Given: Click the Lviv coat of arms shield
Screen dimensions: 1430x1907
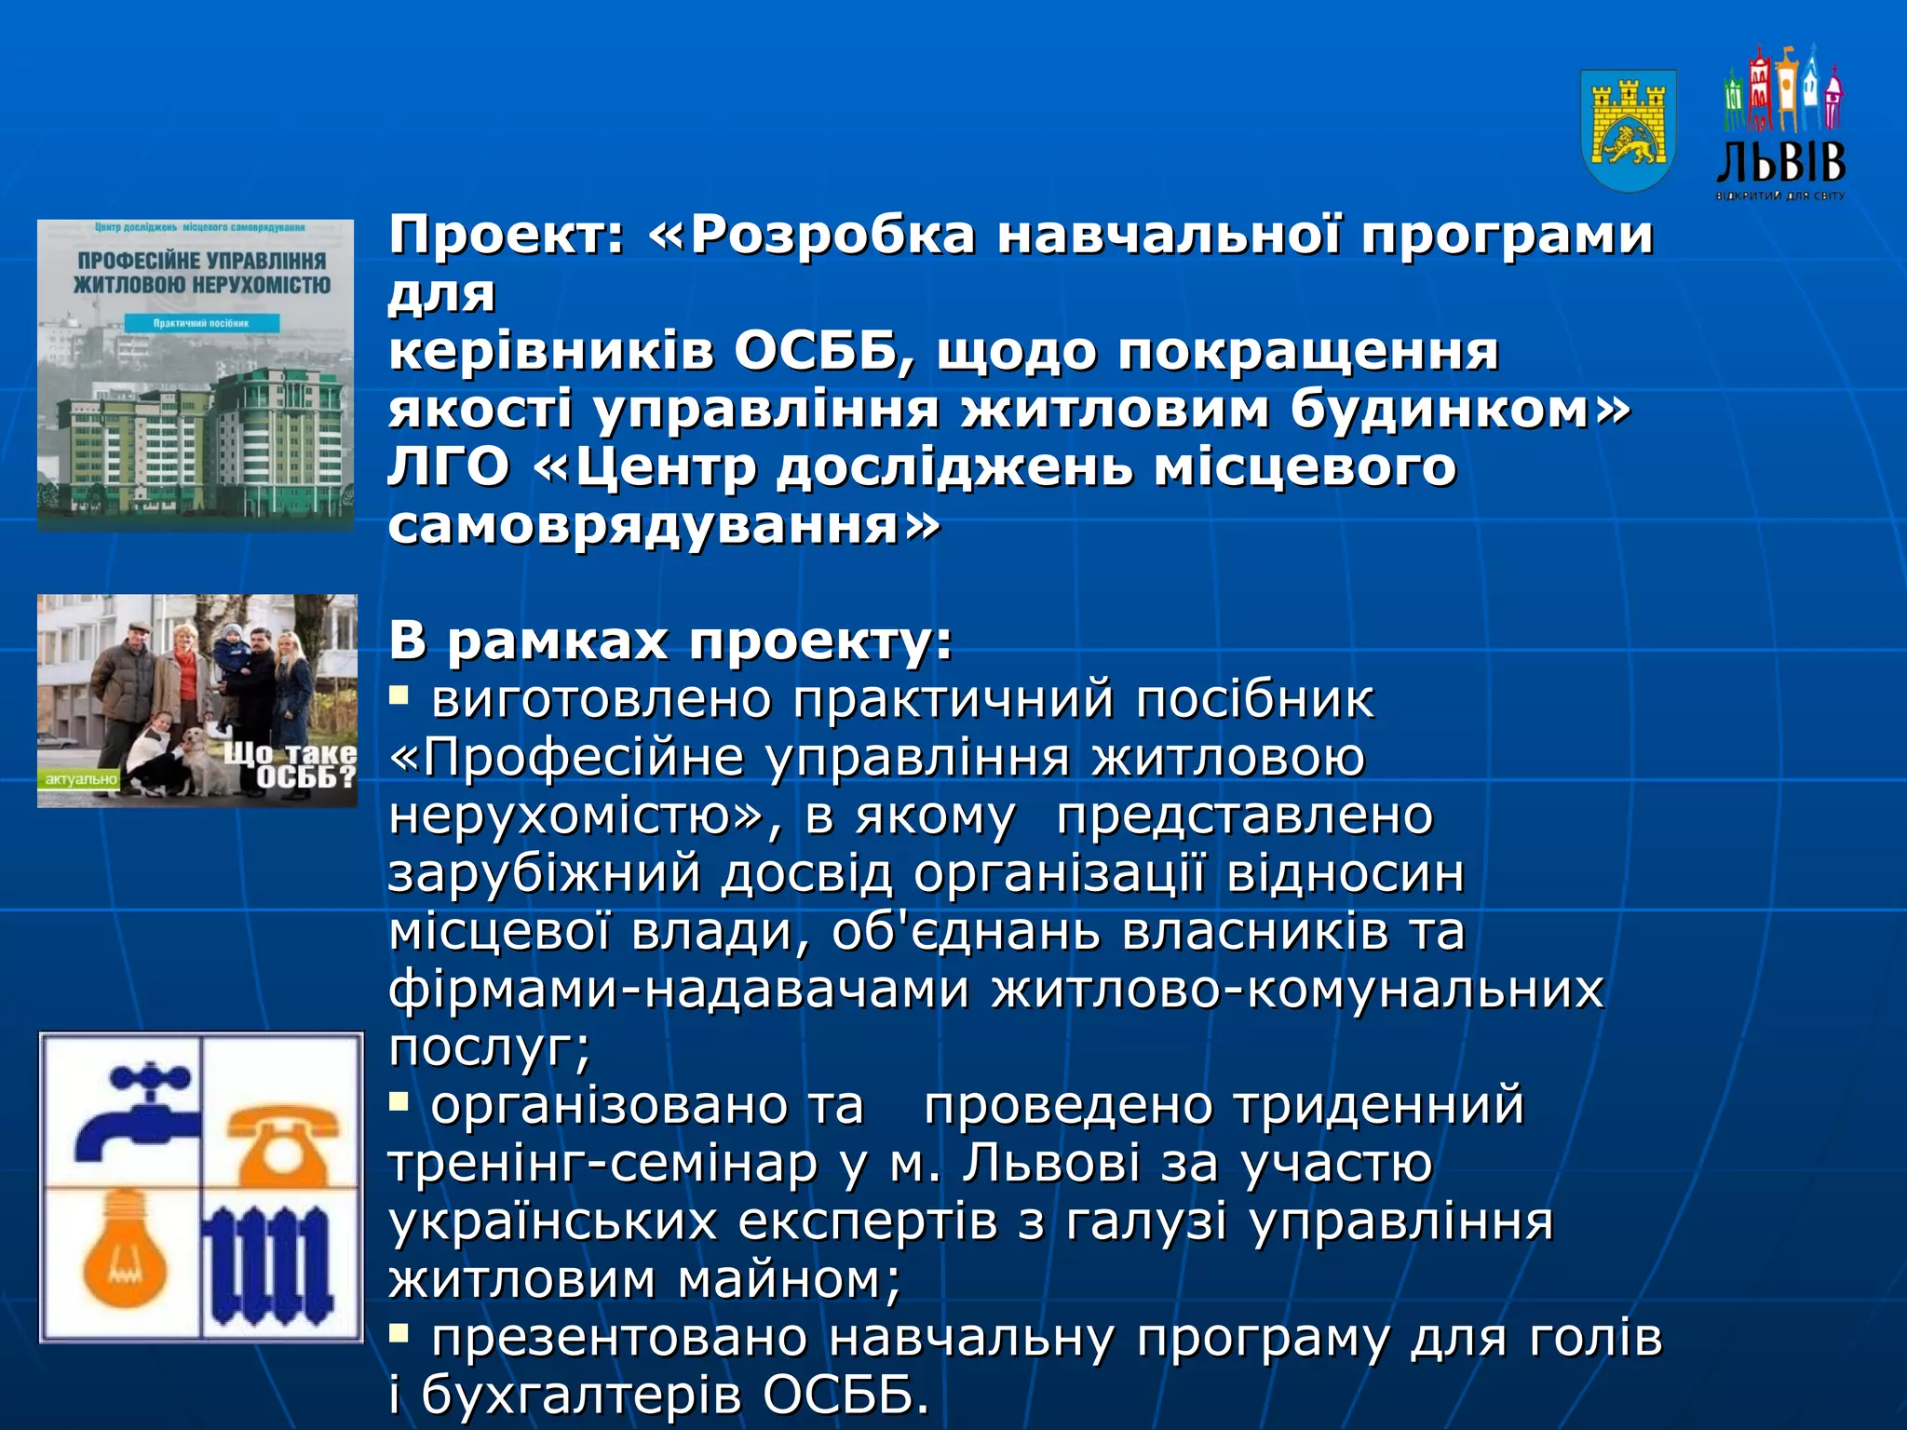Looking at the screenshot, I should tap(1629, 129).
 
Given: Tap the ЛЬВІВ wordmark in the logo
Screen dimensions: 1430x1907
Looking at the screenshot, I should tap(1780, 163).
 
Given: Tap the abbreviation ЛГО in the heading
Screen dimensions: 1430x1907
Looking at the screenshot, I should tap(448, 467).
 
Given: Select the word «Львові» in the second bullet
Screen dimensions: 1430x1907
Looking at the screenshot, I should tap(1050, 1164).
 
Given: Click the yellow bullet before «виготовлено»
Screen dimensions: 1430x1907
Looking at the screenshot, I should tap(399, 694).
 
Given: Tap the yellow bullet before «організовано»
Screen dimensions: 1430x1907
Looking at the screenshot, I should tap(399, 1102).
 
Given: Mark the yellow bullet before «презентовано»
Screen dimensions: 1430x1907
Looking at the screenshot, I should tap(399, 1334).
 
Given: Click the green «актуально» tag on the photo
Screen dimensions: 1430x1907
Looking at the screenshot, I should tap(81, 779).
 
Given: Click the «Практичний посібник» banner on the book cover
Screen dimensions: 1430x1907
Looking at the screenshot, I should tap(201, 323).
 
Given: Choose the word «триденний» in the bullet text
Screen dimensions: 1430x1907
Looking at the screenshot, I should tap(1379, 1106).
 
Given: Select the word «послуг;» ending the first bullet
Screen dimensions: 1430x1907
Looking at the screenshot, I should tap(490, 1048).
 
